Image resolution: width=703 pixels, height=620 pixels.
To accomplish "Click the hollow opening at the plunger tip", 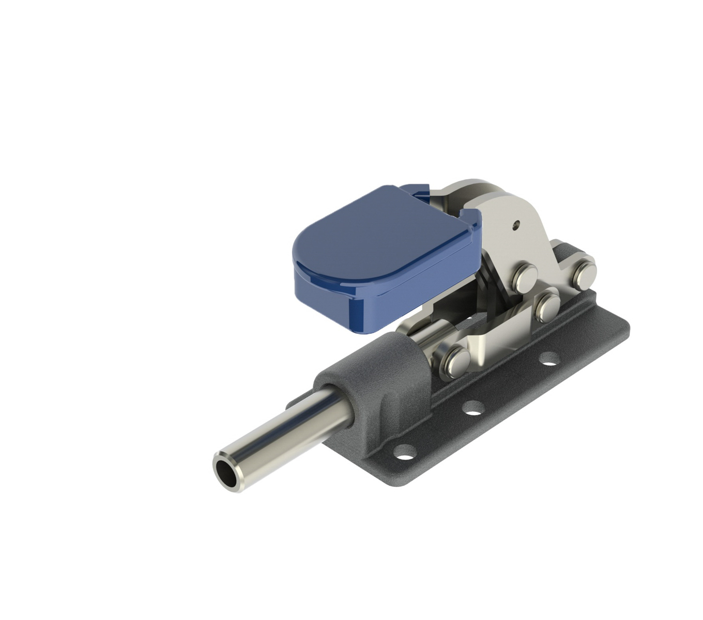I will point(226,470).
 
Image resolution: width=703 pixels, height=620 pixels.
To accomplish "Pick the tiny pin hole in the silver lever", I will point(516,225).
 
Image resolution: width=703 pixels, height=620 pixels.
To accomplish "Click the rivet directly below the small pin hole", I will point(525,277).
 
